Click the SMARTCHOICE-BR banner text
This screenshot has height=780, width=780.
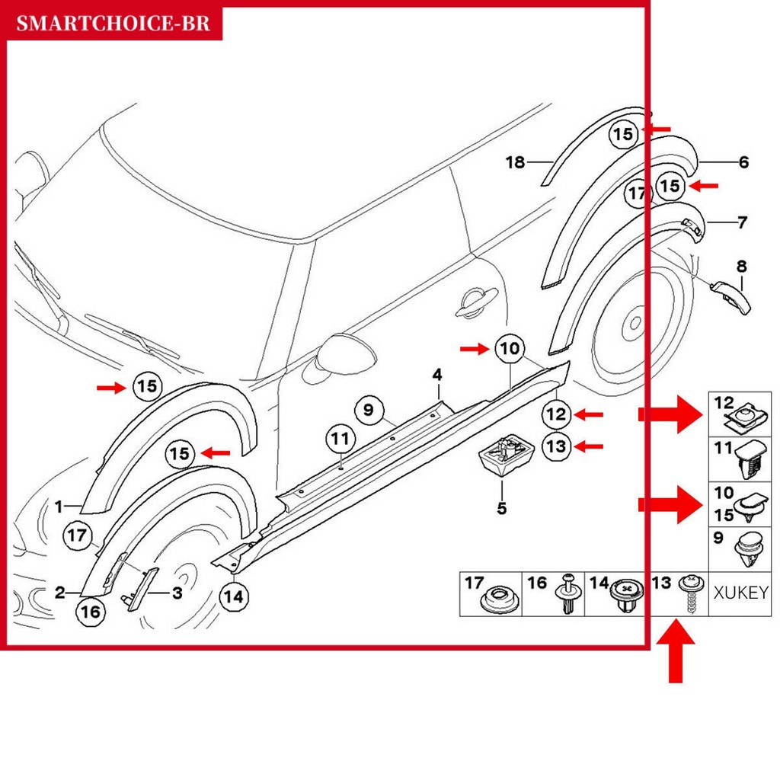pyautogui.click(x=113, y=24)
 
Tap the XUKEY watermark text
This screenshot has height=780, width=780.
pyautogui.click(x=740, y=593)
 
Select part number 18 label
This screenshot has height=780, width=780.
pyautogui.click(x=516, y=161)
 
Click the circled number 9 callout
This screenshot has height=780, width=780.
pyautogui.click(x=369, y=410)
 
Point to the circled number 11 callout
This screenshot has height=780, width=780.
pyautogui.click(x=340, y=439)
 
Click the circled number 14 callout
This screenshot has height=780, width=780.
pyautogui.click(x=234, y=596)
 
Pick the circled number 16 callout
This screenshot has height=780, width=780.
pyautogui.click(x=90, y=612)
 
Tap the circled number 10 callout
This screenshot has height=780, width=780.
pyautogui.click(x=510, y=348)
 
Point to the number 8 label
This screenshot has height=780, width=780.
pyautogui.click(x=742, y=267)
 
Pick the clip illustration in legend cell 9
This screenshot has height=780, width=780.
pyautogui.click(x=749, y=550)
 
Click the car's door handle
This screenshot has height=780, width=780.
pyautogui.click(x=476, y=302)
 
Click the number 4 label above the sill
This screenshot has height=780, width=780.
pyautogui.click(x=436, y=375)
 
